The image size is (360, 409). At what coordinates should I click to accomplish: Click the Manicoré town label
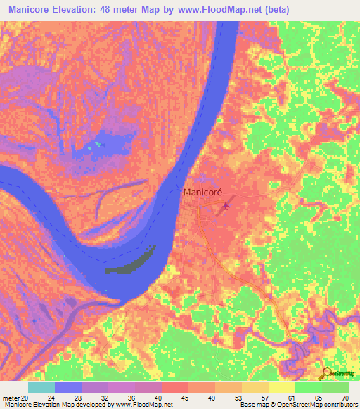(202, 191)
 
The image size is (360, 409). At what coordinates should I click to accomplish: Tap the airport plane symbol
(225, 207)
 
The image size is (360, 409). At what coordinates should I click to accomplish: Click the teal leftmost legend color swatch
(41, 387)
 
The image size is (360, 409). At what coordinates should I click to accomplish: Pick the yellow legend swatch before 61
(281, 387)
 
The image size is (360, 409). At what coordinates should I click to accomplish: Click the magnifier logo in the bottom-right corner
(326, 373)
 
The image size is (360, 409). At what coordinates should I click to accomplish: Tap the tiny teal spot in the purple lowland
(98, 145)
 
